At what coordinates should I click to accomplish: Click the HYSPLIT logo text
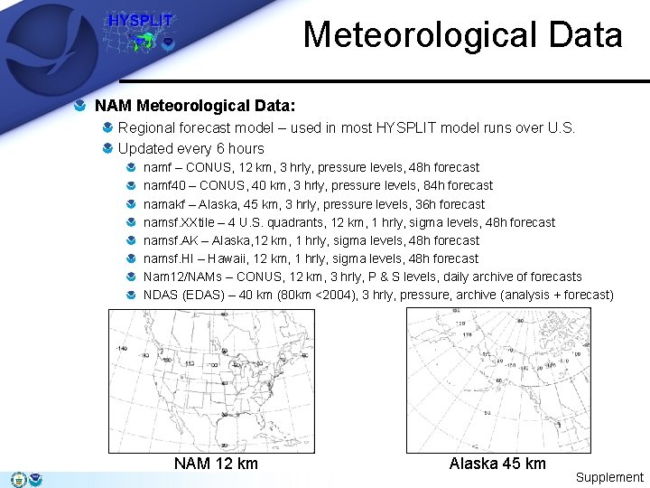140,21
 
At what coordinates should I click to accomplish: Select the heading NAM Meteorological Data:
195,106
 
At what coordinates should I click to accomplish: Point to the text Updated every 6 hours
191,148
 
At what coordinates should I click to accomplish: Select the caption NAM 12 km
216,464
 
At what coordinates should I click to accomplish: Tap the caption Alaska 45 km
497,464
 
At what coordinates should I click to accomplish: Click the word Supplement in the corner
609,477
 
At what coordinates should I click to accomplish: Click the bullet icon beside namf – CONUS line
132,167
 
